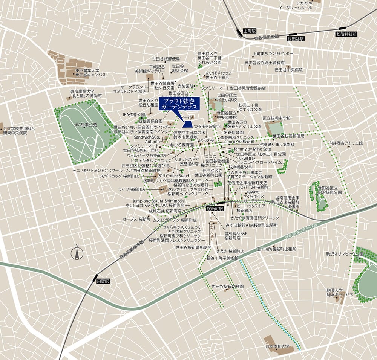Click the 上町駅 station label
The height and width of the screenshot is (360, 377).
250,31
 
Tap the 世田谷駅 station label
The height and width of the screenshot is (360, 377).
296,38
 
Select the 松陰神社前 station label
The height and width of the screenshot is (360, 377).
346,34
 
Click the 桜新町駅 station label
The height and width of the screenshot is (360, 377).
215,208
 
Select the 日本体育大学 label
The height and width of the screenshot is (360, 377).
277,346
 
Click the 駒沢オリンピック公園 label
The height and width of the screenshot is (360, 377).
342,254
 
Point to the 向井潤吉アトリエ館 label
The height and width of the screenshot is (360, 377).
345,143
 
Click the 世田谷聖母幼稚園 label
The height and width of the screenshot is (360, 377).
228,286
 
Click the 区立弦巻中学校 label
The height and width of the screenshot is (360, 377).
277,118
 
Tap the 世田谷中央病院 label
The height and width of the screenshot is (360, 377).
288,70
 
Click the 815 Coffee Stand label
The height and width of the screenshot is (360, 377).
174,176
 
